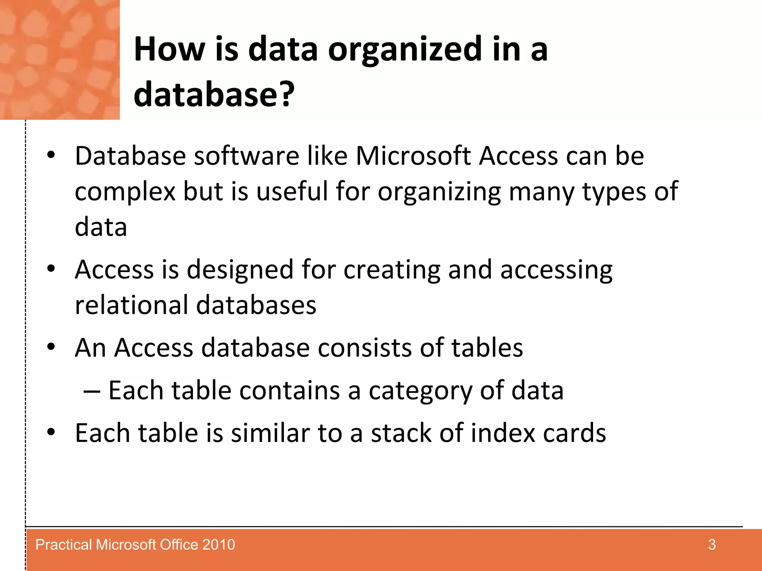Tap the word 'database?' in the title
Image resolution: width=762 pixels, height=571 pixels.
pos(214,95)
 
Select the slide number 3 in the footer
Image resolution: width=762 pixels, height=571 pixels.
pos(712,545)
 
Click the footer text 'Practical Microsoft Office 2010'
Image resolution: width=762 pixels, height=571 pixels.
pos(135,545)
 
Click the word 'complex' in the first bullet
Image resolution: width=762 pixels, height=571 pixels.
pos(125,192)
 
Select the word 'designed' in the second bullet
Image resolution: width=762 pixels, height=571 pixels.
pos(240,270)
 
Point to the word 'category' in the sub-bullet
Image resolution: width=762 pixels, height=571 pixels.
pos(420,391)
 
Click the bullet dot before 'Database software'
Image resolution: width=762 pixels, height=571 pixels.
pos(51,155)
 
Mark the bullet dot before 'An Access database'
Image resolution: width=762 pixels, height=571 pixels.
pos(51,347)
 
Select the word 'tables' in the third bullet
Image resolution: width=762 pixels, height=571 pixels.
pos(487,348)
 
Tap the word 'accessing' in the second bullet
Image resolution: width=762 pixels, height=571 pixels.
pos(556,270)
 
